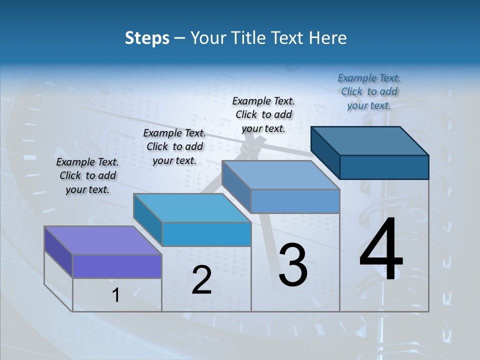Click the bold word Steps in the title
coord(147,38)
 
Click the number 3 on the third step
coord(293,265)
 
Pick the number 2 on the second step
coord(201,280)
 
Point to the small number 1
coord(116,295)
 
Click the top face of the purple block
coord(102,240)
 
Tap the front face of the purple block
coord(117,266)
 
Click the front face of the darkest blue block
coord(384,167)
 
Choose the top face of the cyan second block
coord(192,208)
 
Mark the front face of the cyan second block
coord(206,234)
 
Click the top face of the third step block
coord(280,175)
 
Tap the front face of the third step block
coord(295,201)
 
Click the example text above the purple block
coord(87,175)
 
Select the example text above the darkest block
coord(369,91)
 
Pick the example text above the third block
coord(263,114)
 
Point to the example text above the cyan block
coord(174,146)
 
